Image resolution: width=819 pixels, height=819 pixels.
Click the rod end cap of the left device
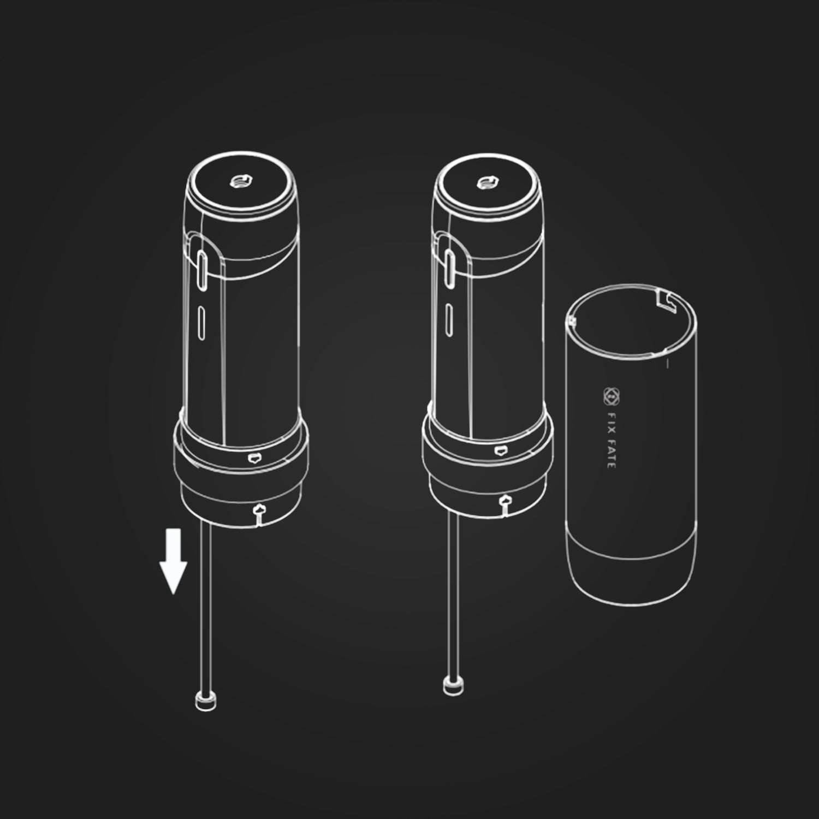point(205,702)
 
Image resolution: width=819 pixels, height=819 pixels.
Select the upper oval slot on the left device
point(201,269)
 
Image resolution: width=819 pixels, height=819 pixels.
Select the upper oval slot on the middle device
point(450,268)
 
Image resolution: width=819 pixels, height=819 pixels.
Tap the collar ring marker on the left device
point(253,458)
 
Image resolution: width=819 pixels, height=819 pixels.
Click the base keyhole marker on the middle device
point(505,502)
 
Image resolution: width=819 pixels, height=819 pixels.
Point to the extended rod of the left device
point(205,606)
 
